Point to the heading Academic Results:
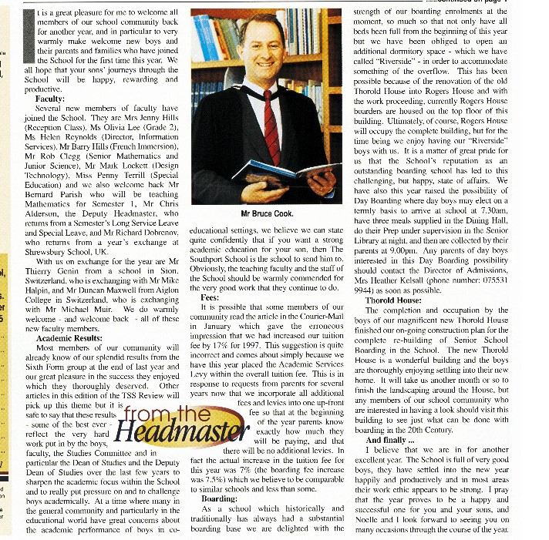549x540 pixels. [69, 337]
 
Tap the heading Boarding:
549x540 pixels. [218, 498]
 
